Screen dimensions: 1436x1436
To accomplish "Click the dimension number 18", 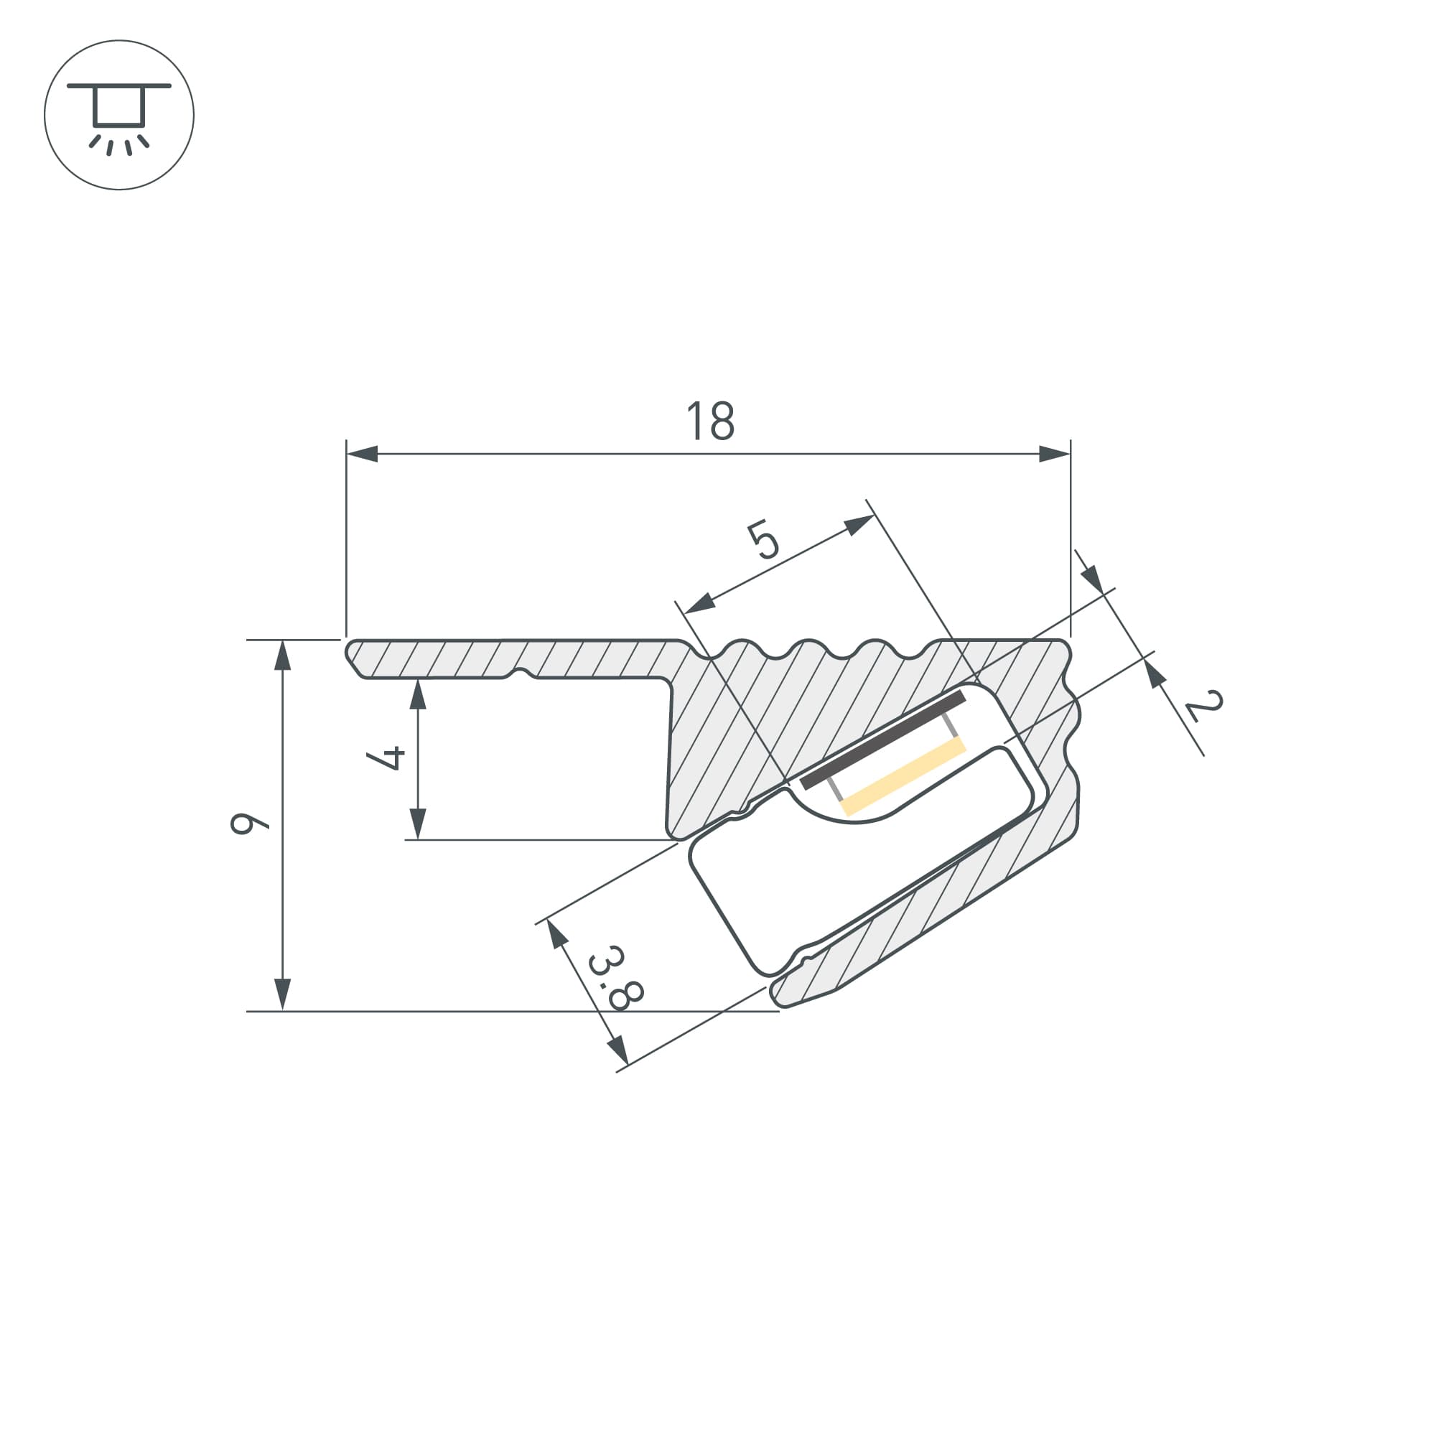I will pos(711,421).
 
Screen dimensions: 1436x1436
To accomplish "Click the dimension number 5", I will pos(763,541).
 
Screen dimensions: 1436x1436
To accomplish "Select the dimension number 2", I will pos(1203,706).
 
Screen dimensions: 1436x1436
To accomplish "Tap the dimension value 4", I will pos(386,758).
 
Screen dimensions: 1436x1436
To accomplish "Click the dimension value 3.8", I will pos(615,978).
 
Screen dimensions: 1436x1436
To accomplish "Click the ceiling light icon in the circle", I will pos(119,115).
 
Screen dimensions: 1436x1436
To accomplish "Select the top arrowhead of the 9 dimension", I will pos(282,655).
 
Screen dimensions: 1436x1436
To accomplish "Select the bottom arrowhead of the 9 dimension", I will pos(282,994).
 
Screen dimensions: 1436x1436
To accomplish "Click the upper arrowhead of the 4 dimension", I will pos(418,694).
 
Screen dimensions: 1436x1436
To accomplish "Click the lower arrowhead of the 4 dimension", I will pos(418,824).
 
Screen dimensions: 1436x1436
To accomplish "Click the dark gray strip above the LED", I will pos(883,740).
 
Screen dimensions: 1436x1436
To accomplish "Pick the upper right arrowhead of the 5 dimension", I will pos(859,525).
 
